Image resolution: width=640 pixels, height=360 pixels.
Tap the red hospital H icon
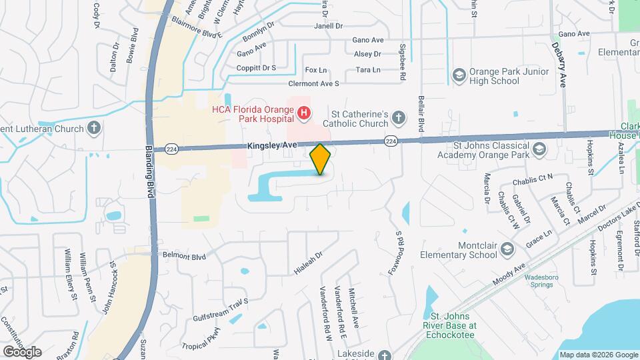[304, 113]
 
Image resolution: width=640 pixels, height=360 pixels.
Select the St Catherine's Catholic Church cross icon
[398, 118]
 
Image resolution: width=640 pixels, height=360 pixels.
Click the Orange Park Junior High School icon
[459, 75]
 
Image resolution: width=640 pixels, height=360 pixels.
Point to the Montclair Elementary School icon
[507, 249]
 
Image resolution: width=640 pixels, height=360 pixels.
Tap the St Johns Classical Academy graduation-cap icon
[539, 150]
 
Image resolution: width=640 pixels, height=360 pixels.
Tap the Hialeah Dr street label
[308, 263]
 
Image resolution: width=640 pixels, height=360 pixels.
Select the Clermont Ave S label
[313, 84]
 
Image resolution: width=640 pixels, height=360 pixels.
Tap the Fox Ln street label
[316, 70]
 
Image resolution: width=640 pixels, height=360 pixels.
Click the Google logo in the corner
[21, 351]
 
